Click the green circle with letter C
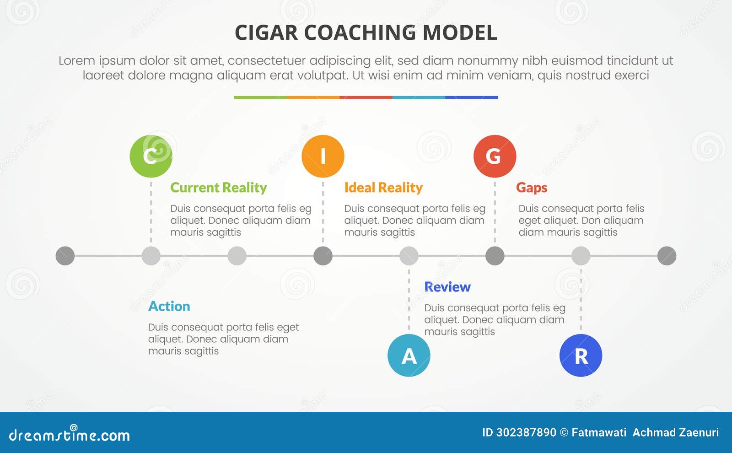coord(151,156)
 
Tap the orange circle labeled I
coord(323,156)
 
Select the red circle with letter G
coord(495,156)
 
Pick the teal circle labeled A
coord(409,356)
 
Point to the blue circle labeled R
coord(581,356)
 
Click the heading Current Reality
coord(218,188)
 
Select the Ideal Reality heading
coord(383,188)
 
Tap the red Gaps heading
coord(532,188)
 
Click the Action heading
coord(169,306)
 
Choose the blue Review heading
coord(447,287)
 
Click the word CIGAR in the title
coord(266,33)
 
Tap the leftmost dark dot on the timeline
coord(65,256)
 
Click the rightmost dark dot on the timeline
coord(667,256)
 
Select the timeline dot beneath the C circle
coord(151,256)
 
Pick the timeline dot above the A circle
coord(409,256)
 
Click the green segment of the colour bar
coord(260,97)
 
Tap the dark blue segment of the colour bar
coord(471,97)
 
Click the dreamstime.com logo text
coord(69,435)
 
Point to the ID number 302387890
coord(526,432)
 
